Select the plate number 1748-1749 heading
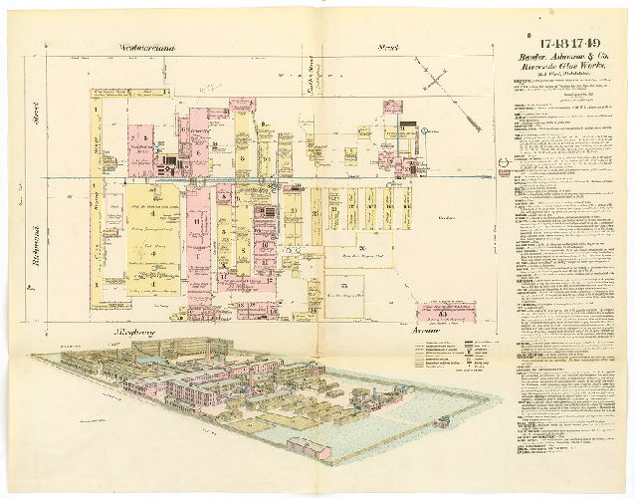pos(563,42)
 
